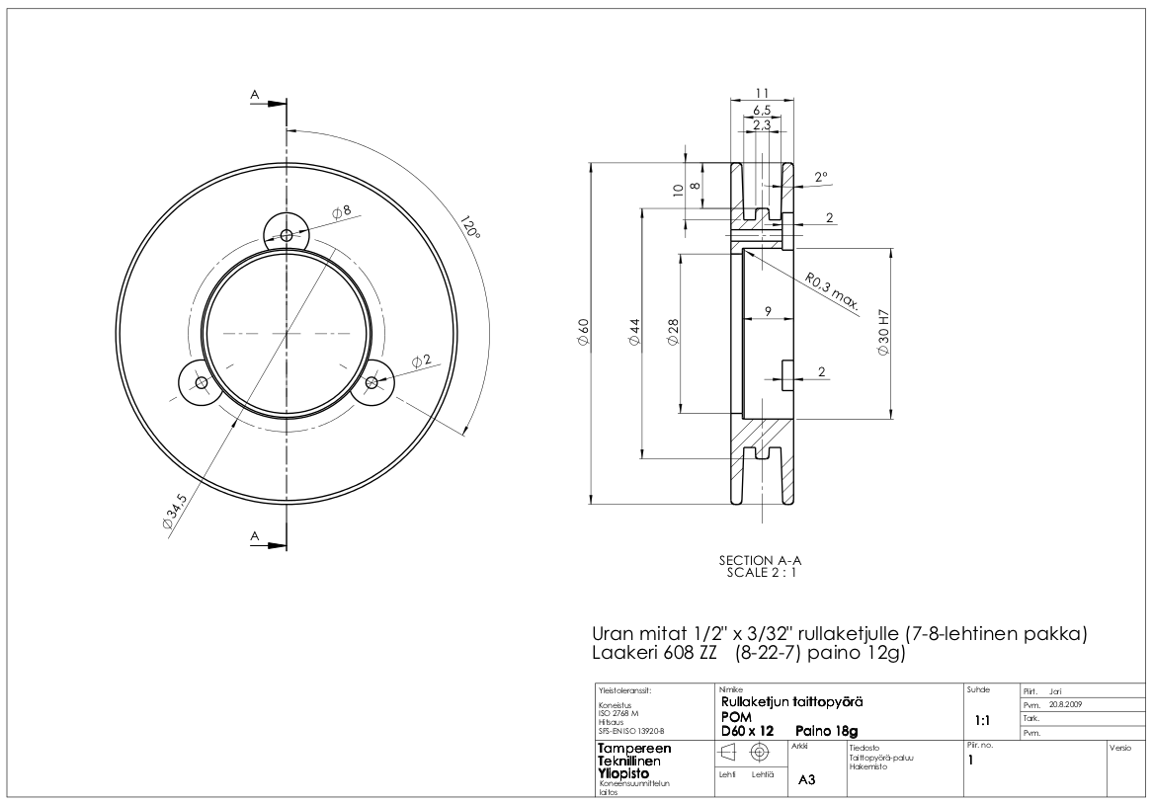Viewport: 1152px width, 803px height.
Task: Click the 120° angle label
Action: pos(469,228)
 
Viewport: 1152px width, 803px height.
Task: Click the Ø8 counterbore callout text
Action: pos(342,211)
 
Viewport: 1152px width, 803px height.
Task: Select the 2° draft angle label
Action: pos(821,178)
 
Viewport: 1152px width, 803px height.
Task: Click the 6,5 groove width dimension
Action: pos(762,110)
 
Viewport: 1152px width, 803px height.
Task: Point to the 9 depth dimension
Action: pos(767,312)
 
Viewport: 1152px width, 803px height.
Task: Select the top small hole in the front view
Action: pos(287,235)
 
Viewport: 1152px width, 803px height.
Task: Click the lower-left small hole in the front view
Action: pos(201,382)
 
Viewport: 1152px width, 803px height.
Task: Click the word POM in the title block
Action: pos(737,716)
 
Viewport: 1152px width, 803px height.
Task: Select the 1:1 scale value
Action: pos(984,721)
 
